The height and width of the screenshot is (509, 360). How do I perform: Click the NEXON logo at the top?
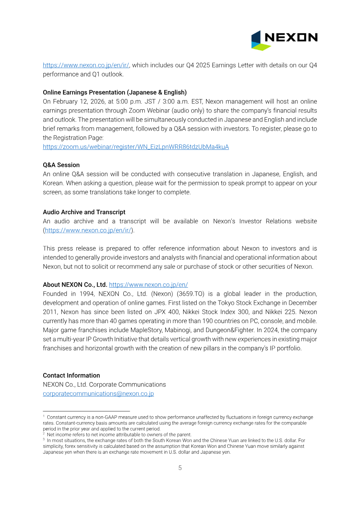pos(284,40)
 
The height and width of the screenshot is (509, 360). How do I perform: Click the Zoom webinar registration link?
pos(135,147)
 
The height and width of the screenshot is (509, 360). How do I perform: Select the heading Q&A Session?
pos(61,165)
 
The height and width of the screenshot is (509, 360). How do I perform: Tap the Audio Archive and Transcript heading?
pos(84,212)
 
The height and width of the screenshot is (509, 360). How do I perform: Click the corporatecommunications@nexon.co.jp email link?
pos(98,394)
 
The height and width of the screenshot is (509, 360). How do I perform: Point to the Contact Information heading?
pos(71,375)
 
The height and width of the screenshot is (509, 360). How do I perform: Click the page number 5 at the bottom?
pos(180,468)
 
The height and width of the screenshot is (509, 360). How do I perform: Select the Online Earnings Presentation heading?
pos(115,92)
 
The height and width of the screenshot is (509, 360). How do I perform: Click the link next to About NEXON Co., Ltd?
pos(148,285)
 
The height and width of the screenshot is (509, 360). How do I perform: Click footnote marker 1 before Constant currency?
pos(44,417)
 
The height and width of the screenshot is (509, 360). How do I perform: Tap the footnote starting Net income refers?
pos(119,435)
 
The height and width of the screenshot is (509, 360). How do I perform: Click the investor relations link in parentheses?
pos(88,230)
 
